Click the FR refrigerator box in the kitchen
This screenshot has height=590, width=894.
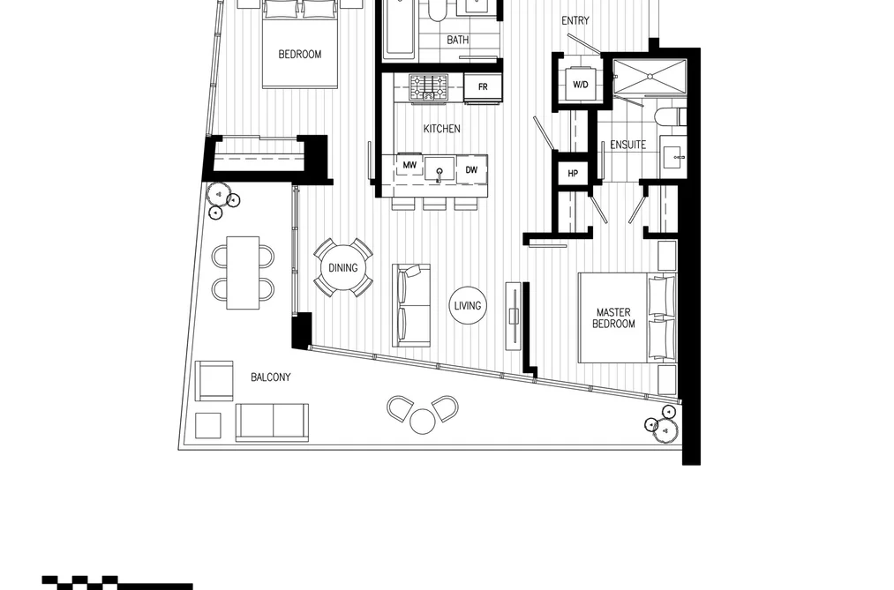483,87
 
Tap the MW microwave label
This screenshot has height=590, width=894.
409,165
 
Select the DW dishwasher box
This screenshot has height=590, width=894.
471,169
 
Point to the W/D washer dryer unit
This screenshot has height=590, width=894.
580,85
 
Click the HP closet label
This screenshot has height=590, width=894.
573,173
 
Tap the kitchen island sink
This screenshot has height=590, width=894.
439,170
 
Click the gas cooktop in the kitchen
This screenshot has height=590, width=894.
429,87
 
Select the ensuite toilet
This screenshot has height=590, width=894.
671,118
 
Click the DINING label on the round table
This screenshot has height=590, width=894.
343,268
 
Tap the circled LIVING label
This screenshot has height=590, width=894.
468,306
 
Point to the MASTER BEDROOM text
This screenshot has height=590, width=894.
613,317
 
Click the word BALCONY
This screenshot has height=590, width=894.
271,377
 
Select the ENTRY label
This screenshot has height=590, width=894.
575,21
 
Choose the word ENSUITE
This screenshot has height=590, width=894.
627,145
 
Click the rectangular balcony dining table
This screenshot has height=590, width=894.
243,273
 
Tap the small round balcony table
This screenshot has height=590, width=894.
423,422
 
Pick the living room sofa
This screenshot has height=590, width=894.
411,305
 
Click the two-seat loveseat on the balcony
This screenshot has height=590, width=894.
272,422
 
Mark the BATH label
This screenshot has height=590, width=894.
458,40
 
